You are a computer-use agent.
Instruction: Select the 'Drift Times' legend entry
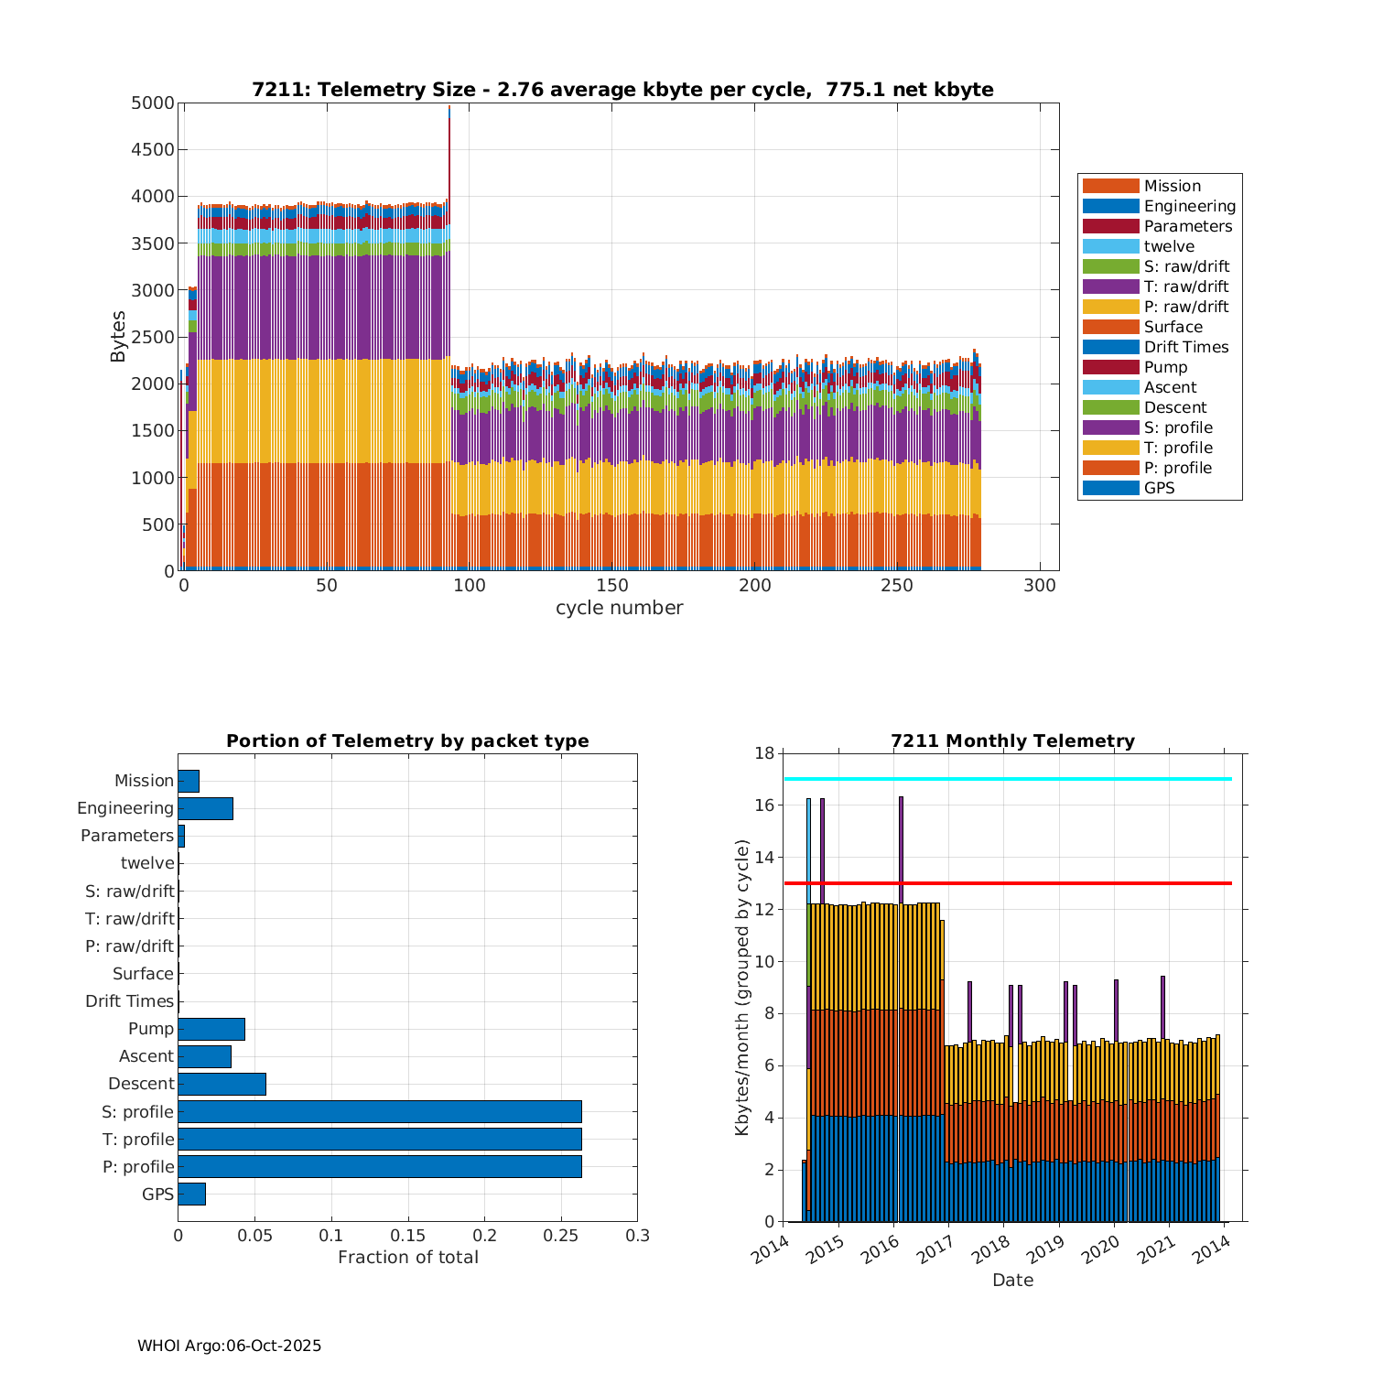(1185, 347)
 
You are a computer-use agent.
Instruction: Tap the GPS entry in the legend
(1159, 488)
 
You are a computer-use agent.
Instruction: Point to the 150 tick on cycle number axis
(611, 586)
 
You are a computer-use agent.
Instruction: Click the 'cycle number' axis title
(619, 608)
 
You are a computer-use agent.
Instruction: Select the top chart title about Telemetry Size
(622, 90)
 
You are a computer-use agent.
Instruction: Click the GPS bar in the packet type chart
(191, 1194)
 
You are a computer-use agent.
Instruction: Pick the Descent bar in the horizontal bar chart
(222, 1084)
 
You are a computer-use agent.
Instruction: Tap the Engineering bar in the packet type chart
(205, 808)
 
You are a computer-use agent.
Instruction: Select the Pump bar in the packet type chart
(211, 1029)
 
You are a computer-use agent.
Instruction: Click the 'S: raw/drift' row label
(129, 892)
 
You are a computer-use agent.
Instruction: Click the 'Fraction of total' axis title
(408, 1258)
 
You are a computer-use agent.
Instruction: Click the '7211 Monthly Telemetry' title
(1012, 741)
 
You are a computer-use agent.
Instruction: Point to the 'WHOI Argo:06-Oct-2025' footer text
(229, 1346)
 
